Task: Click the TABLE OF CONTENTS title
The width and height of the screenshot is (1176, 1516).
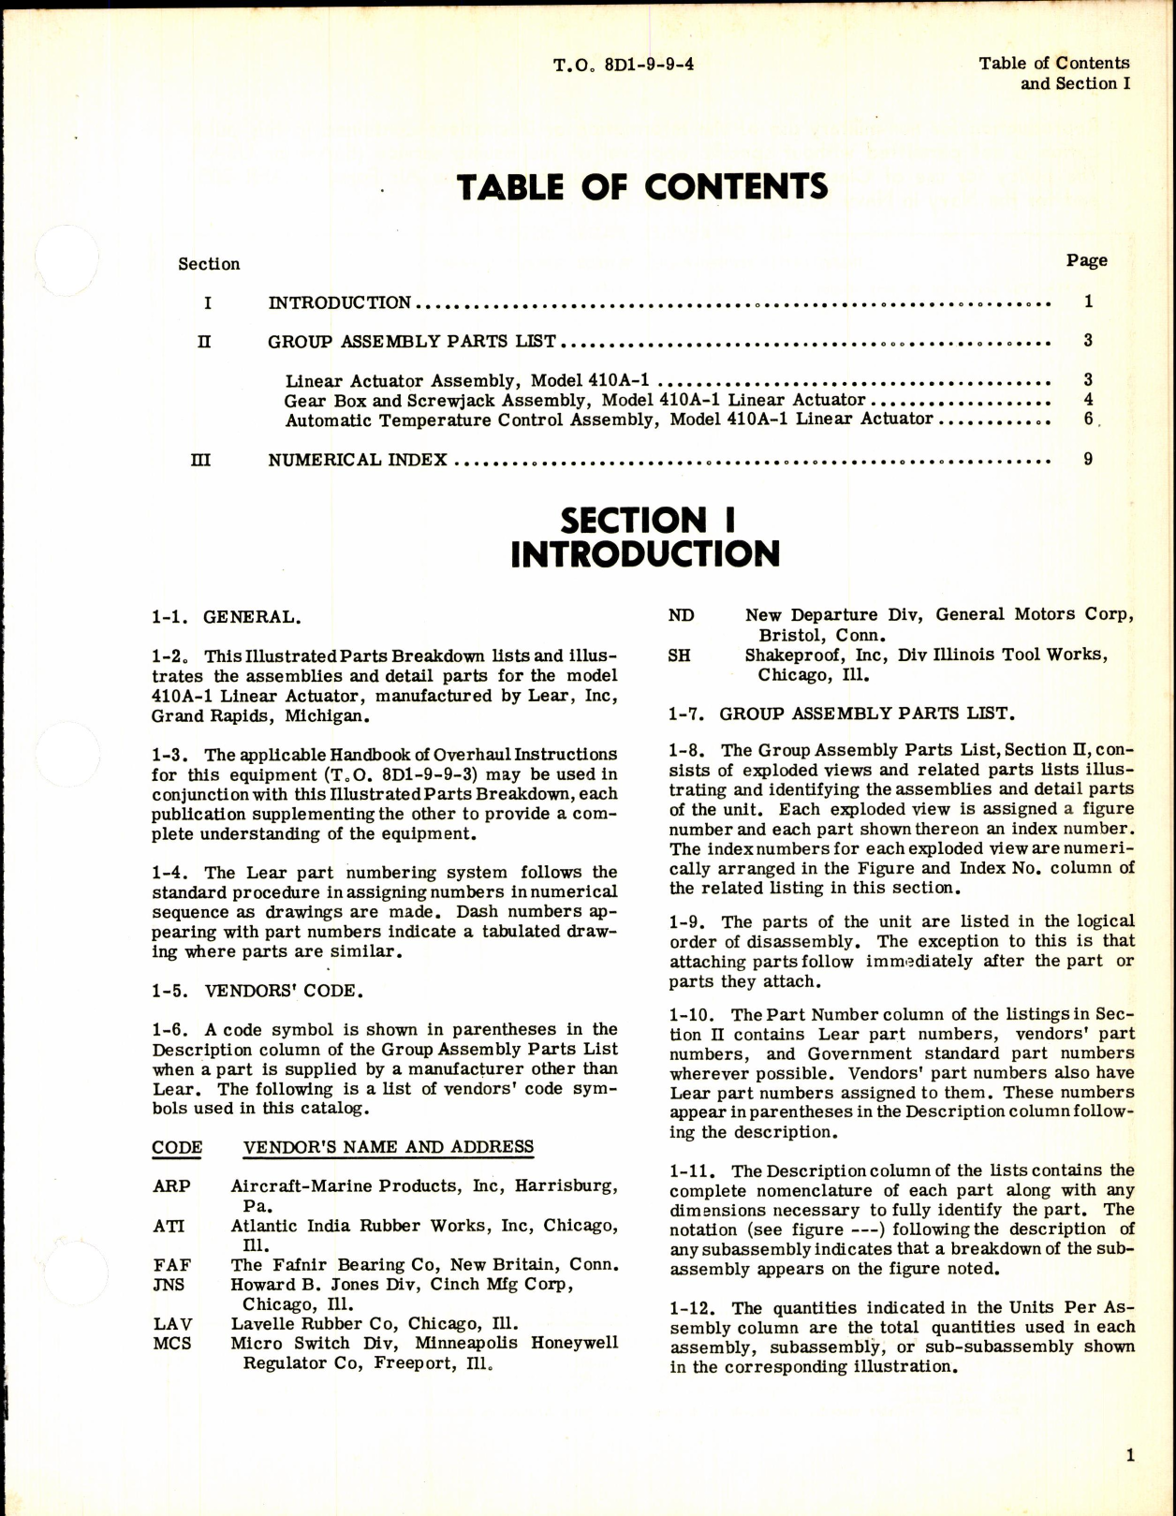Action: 642,187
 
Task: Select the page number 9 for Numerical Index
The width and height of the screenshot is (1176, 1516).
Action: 1088,459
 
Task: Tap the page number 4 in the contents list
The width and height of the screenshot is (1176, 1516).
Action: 1088,400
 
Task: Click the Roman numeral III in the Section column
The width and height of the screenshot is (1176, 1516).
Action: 200,460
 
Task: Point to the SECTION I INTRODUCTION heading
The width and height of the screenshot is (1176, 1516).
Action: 645,537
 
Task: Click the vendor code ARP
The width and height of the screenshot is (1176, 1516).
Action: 171,1186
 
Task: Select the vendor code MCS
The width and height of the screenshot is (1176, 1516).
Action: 172,1344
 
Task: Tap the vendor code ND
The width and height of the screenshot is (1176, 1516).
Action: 681,615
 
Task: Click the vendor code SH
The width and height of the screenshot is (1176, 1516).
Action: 680,655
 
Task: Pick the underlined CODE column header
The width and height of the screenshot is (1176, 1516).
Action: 177,1147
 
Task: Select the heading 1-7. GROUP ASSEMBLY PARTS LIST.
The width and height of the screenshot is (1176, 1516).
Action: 840,714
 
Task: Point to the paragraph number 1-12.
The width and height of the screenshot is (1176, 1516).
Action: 694,1308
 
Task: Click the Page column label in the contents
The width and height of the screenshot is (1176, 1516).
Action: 1086,260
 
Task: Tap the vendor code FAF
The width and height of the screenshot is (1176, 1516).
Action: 172,1265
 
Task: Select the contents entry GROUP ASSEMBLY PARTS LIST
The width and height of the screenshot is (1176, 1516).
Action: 412,342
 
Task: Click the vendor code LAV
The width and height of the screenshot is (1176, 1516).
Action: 172,1324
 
